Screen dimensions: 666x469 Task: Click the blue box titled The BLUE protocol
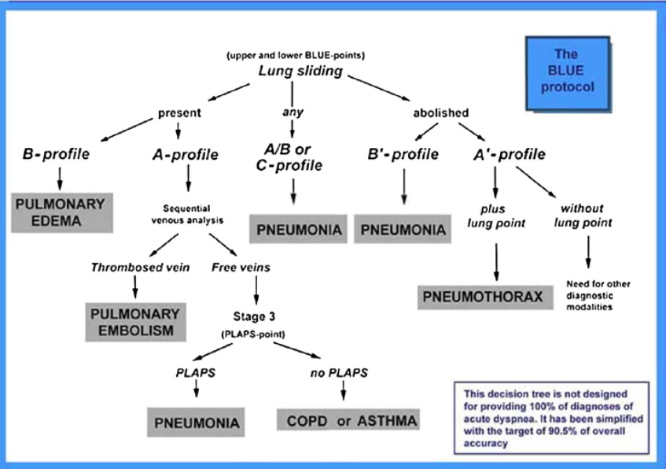point(568,73)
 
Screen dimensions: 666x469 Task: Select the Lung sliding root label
point(300,71)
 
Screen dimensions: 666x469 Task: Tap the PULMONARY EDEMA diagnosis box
point(62,212)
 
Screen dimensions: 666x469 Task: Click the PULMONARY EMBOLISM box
point(135,322)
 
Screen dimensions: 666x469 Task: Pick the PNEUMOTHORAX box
point(485,297)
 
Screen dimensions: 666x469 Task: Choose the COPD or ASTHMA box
point(348,420)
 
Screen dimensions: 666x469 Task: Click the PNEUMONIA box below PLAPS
point(196,423)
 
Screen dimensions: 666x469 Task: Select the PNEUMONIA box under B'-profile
point(403,229)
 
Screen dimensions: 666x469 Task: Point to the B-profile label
point(56,154)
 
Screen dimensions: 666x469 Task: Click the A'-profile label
point(510,154)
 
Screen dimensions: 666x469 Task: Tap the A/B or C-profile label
point(289,157)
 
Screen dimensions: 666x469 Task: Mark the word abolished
point(441,113)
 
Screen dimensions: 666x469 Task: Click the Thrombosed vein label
point(140,268)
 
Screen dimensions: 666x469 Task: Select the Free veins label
point(241,268)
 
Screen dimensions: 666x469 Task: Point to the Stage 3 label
point(254,317)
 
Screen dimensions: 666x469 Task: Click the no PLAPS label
point(339,373)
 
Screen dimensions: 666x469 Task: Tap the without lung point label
point(583,216)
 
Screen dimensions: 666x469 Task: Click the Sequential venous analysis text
point(187,214)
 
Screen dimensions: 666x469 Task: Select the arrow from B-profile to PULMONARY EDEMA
point(60,179)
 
